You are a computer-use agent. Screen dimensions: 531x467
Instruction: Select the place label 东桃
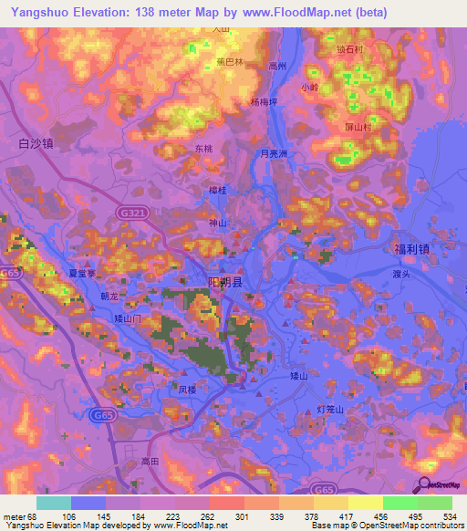[x=204, y=148]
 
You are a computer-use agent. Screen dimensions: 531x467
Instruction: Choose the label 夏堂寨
[x=82, y=272]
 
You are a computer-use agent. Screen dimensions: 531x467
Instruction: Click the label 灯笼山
[x=330, y=410]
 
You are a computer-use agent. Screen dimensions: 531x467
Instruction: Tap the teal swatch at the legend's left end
[x=54, y=503]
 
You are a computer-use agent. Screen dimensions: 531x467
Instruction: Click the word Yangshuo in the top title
[x=38, y=12]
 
